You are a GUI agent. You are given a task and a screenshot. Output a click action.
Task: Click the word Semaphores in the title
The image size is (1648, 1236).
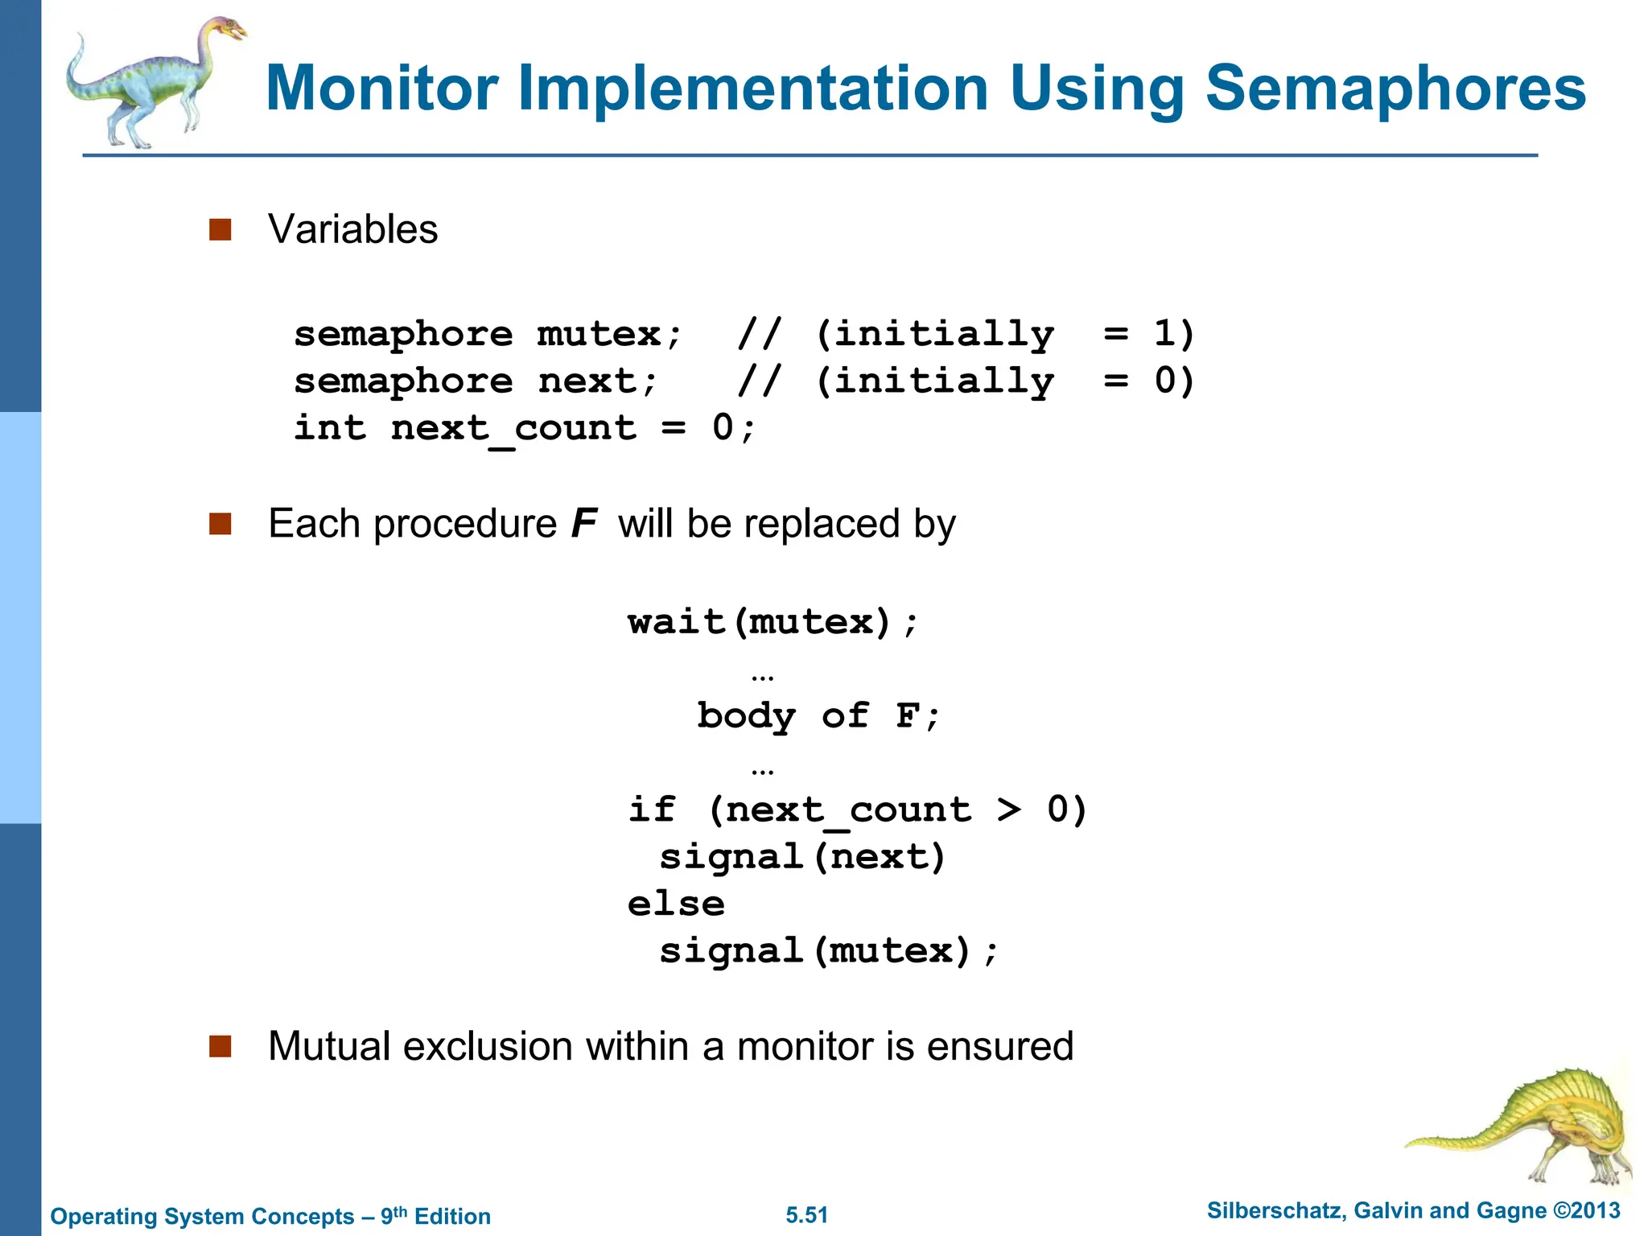click(x=1395, y=89)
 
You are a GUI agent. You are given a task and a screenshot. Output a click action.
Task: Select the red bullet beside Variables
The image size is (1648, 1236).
click(x=220, y=229)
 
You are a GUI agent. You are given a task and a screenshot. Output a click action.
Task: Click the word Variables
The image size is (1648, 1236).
click(x=352, y=229)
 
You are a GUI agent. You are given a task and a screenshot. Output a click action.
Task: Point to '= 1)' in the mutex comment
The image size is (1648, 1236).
click(x=1149, y=334)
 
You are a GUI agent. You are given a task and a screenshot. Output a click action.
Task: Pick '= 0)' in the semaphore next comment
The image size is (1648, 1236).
click(x=1149, y=381)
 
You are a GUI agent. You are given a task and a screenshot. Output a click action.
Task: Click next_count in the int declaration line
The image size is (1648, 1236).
click(x=513, y=428)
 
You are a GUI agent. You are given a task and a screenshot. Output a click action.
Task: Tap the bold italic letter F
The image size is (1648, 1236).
click(x=583, y=524)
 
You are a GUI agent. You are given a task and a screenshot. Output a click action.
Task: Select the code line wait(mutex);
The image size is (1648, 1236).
click(x=772, y=622)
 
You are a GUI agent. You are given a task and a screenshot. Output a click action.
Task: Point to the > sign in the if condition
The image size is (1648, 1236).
click(x=1009, y=810)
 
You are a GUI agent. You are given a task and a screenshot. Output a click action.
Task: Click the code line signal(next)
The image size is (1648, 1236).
click(x=802, y=857)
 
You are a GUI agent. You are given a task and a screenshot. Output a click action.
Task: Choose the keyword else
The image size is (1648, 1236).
click(x=676, y=904)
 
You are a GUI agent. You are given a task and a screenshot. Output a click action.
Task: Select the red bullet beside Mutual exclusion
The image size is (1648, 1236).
click(x=220, y=1046)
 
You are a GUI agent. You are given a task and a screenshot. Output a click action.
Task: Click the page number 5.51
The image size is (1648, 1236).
click(x=806, y=1215)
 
